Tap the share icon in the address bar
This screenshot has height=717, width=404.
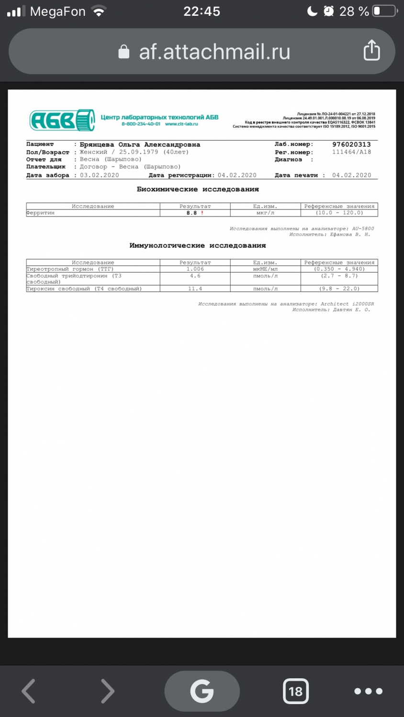372,50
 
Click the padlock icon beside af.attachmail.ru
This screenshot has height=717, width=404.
124,52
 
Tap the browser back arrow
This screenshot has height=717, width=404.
29,691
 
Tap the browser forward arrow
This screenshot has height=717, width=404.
108,691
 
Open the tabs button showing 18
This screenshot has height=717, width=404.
295,691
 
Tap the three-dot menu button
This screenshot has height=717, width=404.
368,691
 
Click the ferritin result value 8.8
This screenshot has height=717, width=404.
191,213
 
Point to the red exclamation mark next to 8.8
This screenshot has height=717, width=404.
202,213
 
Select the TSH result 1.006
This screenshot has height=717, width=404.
195,269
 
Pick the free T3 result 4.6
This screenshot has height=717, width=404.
195,276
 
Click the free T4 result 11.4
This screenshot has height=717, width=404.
195,289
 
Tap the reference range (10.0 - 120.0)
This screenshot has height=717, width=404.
339,213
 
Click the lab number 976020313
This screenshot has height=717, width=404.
351,144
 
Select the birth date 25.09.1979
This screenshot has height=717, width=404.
138,152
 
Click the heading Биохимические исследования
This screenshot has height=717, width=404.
198,189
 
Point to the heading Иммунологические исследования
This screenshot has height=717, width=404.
198,246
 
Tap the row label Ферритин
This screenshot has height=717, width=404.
41,213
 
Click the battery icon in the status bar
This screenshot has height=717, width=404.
384,11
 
